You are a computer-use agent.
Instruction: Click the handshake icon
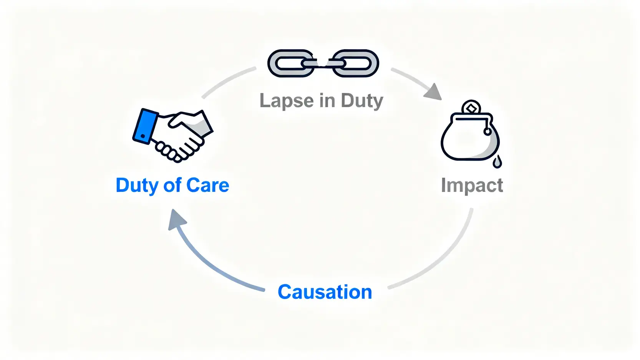coord(173,135)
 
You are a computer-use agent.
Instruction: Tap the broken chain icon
coord(323,63)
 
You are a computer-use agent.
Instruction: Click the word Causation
coord(325,292)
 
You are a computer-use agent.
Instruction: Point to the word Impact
coord(472,186)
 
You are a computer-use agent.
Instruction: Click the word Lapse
coord(287,101)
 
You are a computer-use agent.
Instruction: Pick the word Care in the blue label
coord(207,186)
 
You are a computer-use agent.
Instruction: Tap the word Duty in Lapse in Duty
coord(362,101)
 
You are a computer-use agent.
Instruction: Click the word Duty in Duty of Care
coord(137,186)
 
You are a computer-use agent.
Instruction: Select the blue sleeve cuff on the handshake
coord(145,126)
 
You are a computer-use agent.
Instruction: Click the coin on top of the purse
coord(471,108)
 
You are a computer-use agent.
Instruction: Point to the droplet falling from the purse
coord(497,162)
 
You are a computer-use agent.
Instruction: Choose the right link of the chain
coord(355,63)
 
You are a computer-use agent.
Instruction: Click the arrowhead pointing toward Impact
coord(433,92)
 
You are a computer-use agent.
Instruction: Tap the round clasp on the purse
coord(487,132)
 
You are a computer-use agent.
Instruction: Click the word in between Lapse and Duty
coord(327,101)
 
